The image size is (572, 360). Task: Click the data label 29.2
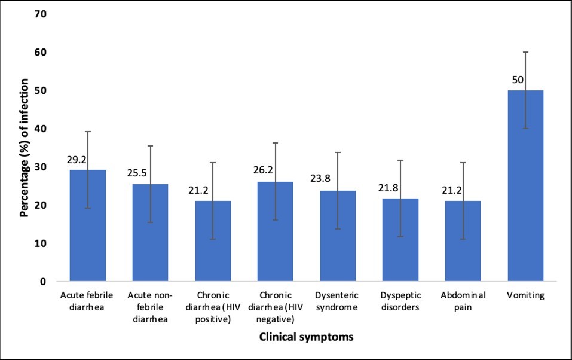tap(76, 161)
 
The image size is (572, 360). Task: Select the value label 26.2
tap(263, 170)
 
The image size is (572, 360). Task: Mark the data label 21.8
tap(388, 188)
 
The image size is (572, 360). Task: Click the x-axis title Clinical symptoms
tap(306, 337)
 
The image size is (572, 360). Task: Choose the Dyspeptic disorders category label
tap(400, 301)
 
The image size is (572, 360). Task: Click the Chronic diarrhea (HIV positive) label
tap(213, 307)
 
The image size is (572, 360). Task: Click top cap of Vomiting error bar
tap(525, 52)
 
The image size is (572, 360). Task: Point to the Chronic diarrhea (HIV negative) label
tap(275, 307)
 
